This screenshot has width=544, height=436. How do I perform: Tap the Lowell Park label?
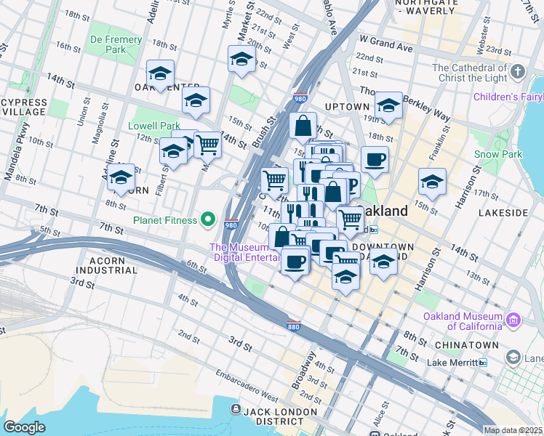(153, 126)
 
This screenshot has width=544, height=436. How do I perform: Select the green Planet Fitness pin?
(208, 219)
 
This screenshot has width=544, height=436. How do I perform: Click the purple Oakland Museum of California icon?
(513, 320)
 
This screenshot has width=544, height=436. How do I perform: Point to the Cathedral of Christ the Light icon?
(517, 73)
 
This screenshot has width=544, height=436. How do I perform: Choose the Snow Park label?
(497, 155)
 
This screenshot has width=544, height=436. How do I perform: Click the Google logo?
(24, 427)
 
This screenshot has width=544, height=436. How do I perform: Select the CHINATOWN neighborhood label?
(466, 344)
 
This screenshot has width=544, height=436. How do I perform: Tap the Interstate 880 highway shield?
(294, 324)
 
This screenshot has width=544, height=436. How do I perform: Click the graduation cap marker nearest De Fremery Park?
(160, 73)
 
